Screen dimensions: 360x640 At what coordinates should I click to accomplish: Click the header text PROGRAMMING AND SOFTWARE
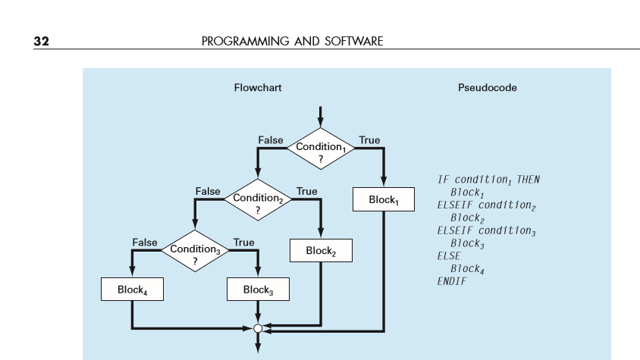pyautogui.click(x=292, y=41)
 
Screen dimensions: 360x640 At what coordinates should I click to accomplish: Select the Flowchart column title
pyautogui.click(x=257, y=88)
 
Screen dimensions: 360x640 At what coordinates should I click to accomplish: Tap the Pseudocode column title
pyautogui.click(x=488, y=88)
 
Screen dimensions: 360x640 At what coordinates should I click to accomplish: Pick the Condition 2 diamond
pyautogui.click(x=258, y=201)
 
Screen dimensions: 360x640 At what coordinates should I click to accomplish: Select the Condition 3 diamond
pyautogui.click(x=195, y=252)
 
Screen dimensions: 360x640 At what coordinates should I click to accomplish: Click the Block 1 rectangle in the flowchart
pyautogui.click(x=383, y=200)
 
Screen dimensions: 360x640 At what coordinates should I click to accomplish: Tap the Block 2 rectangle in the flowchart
pyautogui.click(x=321, y=251)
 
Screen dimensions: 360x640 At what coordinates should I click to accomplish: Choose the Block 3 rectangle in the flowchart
pyautogui.click(x=258, y=290)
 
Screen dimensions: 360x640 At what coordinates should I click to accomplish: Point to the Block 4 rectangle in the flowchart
pyautogui.click(x=132, y=290)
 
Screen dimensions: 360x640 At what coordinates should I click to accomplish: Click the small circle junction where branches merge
pyautogui.click(x=258, y=329)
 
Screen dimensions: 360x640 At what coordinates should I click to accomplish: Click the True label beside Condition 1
pyautogui.click(x=369, y=140)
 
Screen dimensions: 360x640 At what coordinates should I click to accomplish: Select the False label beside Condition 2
pyautogui.click(x=208, y=192)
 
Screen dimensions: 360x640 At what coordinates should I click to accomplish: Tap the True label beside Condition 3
pyautogui.click(x=243, y=243)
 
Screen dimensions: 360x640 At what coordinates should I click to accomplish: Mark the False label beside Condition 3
pyautogui.click(x=145, y=243)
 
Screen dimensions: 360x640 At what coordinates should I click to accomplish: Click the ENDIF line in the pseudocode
pyautogui.click(x=452, y=281)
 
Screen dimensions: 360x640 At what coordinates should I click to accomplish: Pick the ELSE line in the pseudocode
pyautogui.click(x=449, y=256)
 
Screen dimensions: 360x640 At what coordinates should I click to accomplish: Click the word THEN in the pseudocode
pyautogui.click(x=528, y=180)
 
